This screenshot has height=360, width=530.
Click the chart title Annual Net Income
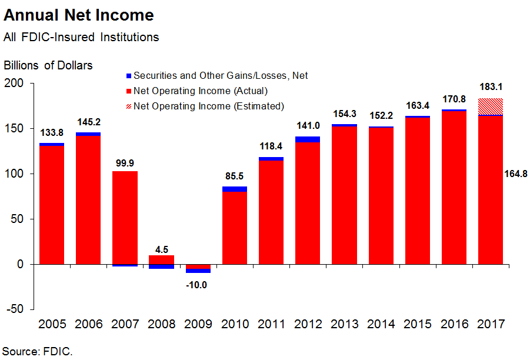pyautogui.click(x=79, y=15)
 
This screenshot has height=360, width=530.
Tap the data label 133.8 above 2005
pyautogui.click(x=52, y=132)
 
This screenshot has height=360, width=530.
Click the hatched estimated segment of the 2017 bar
pyautogui.click(x=490, y=106)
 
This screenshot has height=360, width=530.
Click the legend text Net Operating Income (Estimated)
pyautogui.click(x=209, y=106)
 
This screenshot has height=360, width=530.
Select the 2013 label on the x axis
pyautogui.click(x=344, y=324)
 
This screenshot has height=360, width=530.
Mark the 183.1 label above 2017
pyautogui.click(x=490, y=87)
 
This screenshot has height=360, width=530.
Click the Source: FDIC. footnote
pyautogui.click(x=38, y=352)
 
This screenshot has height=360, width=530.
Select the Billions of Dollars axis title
pyautogui.click(x=48, y=65)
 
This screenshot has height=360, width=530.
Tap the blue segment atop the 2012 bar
pyautogui.click(x=308, y=139)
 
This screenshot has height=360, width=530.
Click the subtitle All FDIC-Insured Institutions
pyautogui.click(x=81, y=37)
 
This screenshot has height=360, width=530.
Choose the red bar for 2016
pyautogui.click(x=454, y=188)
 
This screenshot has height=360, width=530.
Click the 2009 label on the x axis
pyautogui.click(x=198, y=324)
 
